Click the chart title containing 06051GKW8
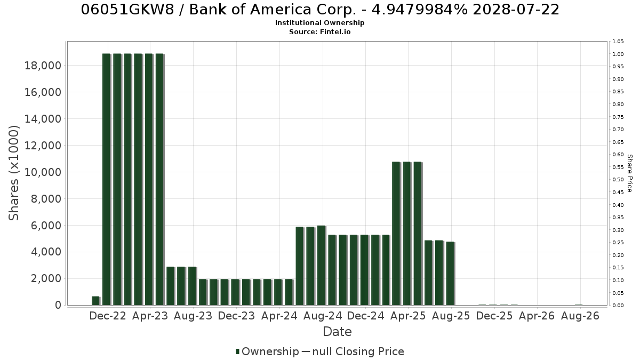[x=320, y=10]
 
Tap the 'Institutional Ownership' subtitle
[x=319, y=23]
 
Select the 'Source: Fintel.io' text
[x=319, y=31]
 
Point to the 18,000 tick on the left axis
[x=43, y=66]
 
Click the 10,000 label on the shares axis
[x=43, y=172]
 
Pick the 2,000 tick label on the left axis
[x=46, y=278]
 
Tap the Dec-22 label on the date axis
[x=108, y=316]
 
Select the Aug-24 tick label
[x=323, y=316]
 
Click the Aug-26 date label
[x=580, y=316]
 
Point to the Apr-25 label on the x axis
[x=408, y=316]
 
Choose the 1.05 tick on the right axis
[x=618, y=42]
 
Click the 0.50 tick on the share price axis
[x=618, y=180]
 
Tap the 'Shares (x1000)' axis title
[x=14, y=173]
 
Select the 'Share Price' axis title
[x=629, y=173]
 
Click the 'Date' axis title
[x=337, y=332]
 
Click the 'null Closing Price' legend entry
[x=358, y=351]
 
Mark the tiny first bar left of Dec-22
[x=95, y=301]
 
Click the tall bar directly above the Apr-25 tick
[x=407, y=234]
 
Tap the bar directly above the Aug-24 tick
[x=322, y=266]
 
